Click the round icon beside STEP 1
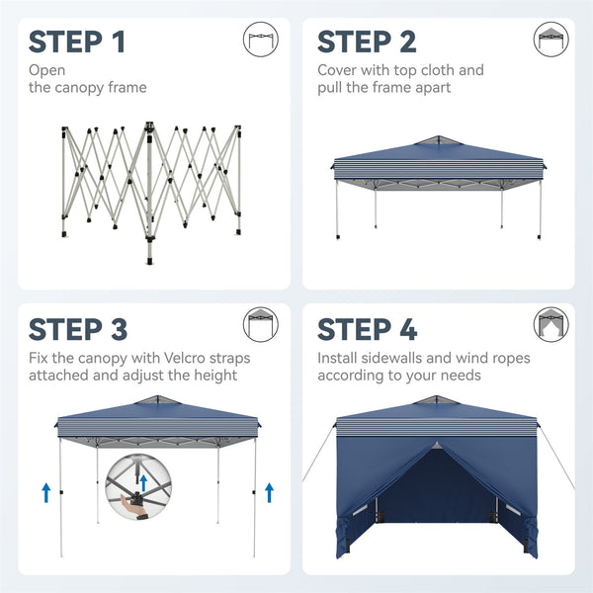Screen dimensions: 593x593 (259, 40)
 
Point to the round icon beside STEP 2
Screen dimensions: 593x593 (551, 40)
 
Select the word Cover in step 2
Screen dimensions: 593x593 (337, 70)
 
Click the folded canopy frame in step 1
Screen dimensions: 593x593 (151, 183)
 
